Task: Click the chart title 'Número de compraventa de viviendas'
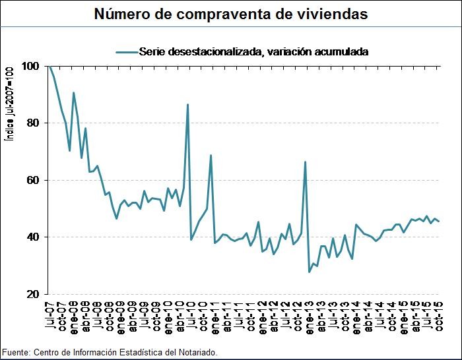pos(230,13)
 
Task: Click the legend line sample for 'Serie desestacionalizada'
pos(127,51)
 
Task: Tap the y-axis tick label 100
pos(30,66)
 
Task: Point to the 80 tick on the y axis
pos(32,123)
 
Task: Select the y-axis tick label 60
pos(32,180)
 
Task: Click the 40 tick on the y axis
pos(32,237)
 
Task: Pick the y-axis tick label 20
pos(32,294)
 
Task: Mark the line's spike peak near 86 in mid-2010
pos(187,104)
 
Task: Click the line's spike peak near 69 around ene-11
pos(211,156)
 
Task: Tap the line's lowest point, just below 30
pos(309,272)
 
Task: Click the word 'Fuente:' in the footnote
pos(16,353)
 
